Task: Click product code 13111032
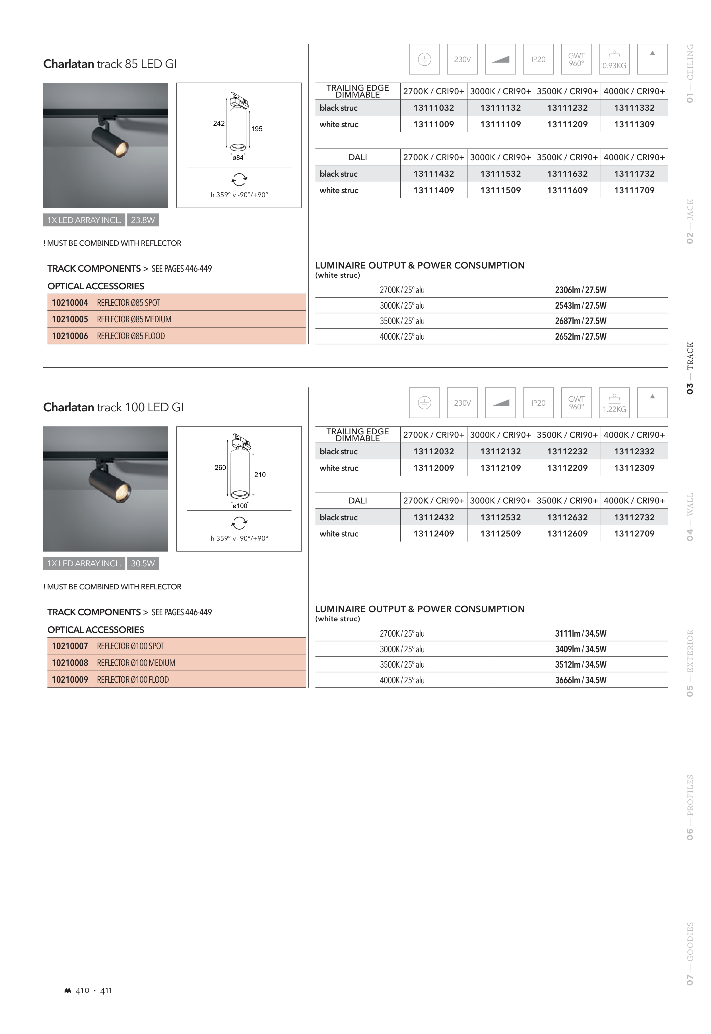tap(434, 108)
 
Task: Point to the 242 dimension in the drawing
tap(219, 123)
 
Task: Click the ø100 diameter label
tap(240, 506)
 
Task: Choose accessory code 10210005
tap(70, 319)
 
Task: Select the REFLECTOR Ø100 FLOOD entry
tap(133, 680)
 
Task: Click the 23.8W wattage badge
tap(143, 220)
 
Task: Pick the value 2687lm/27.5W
tap(580, 321)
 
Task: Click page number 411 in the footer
tap(106, 990)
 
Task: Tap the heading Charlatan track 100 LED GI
tap(113, 407)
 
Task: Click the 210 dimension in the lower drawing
tap(260, 475)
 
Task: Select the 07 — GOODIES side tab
tap(690, 953)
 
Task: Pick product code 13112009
tap(434, 468)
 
